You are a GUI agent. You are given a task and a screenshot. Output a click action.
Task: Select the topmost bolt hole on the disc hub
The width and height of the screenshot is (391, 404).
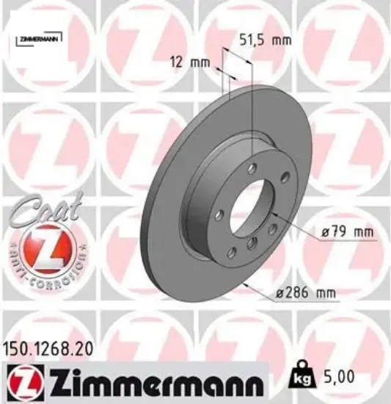(252, 169)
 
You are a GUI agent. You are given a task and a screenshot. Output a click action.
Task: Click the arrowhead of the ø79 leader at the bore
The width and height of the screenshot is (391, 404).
(270, 214)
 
